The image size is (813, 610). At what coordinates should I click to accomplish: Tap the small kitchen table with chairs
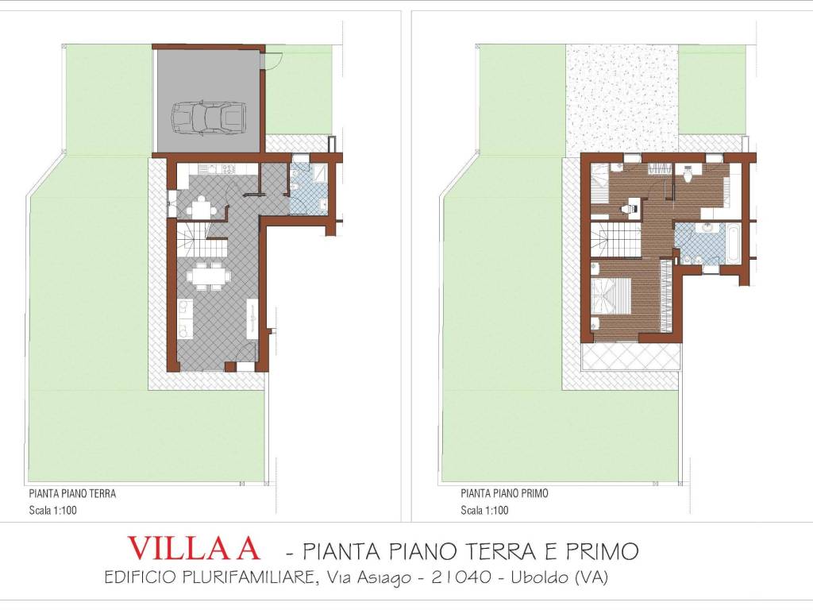click(198, 208)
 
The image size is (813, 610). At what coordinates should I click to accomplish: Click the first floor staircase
click(618, 238)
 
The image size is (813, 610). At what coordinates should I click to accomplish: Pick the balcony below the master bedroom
click(631, 357)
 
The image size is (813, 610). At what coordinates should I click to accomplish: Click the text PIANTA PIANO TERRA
click(72, 493)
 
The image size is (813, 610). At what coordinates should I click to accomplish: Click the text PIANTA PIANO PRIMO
click(504, 493)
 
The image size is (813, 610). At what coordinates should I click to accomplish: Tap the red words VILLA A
click(194, 549)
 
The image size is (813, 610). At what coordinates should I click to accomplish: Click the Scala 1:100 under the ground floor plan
click(52, 511)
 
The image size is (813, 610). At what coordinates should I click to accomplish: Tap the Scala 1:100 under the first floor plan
click(484, 511)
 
